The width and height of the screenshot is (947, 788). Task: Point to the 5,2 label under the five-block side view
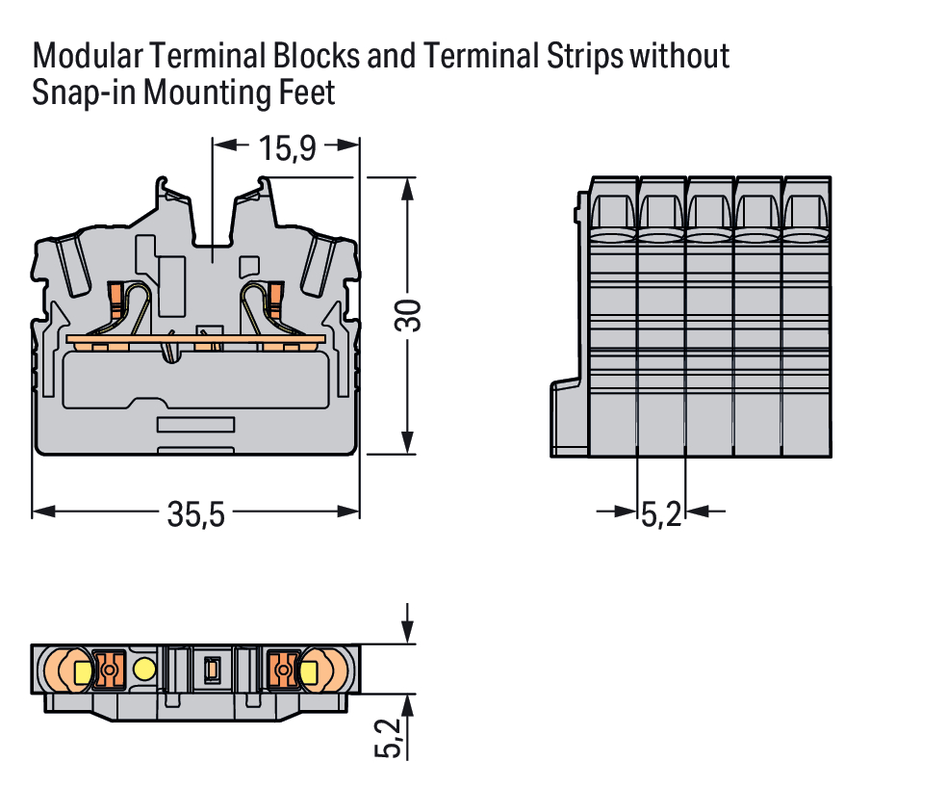pos(661,515)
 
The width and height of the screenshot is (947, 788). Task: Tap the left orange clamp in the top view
pos(109,669)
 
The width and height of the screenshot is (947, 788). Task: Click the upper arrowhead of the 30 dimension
pos(409,187)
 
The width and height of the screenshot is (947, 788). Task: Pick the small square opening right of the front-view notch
pos(247,266)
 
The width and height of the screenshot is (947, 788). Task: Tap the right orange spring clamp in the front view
pos(276,298)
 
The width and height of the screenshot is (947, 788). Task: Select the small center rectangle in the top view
pos(212,669)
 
